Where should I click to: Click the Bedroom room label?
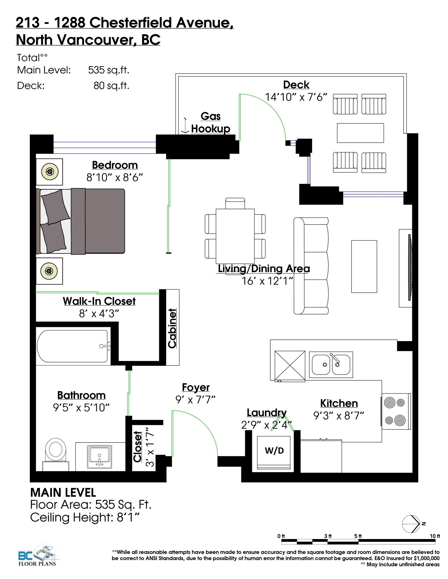[x=115, y=165]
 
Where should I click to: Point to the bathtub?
[x=73, y=346]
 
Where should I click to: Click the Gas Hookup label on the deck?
[x=210, y=122]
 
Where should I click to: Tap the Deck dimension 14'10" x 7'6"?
[x=296, y=97]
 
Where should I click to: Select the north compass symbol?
[x=411, y=524]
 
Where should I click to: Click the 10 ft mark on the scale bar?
[x=435, y=536]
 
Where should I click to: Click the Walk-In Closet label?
[x=99, y=301]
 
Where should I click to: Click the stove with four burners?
[x=396, y=411]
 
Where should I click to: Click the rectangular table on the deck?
[x=360, y=133]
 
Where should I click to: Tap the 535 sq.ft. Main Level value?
[x=108, y=70]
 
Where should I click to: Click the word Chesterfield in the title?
[x=131, y=23]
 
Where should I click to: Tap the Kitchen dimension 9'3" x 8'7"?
[x=339, y=415]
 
